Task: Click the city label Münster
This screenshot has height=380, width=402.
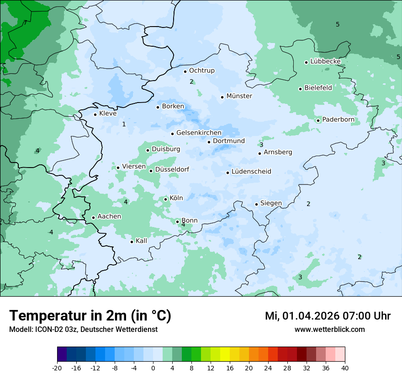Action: (239, 96)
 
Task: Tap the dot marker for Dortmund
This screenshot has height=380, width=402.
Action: (209, 142)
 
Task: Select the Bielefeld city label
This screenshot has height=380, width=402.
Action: (318, 88)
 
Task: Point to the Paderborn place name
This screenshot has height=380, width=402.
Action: (338, 120)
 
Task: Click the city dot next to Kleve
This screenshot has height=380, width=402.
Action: (95, 114)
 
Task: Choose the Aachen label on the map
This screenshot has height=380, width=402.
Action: (109, 217)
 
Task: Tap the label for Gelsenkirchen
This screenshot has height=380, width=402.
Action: (199, 133)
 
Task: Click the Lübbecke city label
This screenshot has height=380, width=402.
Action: (325, 61)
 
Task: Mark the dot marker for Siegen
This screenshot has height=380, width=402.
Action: (256, 204)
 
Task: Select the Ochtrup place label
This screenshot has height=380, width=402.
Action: (201, 71)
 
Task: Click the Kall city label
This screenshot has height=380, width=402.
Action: (141, 241)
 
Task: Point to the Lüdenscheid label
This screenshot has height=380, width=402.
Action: (251, 172)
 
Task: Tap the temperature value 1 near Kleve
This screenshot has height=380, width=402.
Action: (124, 124)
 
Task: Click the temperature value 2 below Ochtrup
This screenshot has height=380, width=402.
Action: (191, 81)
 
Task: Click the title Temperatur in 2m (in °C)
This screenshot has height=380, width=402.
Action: (90, 316)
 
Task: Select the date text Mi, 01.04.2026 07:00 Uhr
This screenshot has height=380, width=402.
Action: (328, 316)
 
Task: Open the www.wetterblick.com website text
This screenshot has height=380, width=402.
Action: (329, 330)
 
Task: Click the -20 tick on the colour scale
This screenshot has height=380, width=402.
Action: (57, 368)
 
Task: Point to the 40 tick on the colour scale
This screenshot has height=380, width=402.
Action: (345, 368)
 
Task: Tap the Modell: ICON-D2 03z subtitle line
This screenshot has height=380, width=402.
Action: (83, 330)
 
